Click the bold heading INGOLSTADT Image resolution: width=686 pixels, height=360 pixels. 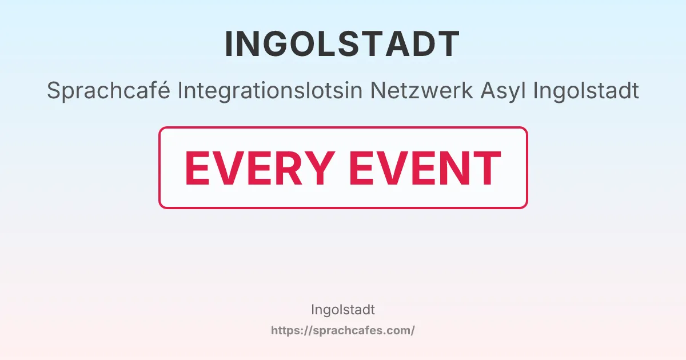[342, 44]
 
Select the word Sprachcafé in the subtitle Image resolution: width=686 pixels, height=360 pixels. [109, 90]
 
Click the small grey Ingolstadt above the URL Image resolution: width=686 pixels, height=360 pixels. [342, 310]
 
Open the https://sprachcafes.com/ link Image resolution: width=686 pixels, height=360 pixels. [342, 330]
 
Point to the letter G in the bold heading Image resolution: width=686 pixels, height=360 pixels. [283, 44]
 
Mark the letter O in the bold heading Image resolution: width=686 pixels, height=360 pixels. [313, 44]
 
